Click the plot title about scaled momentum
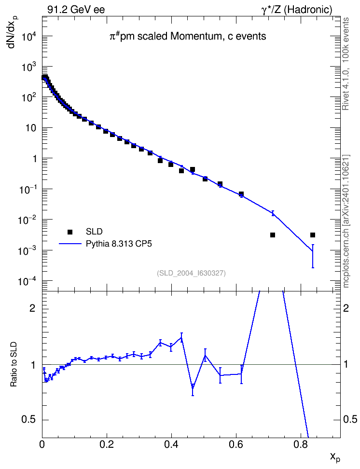tap(187, 36)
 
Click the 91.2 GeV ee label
tap(76, 10)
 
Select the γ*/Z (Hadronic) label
tap(297, 10)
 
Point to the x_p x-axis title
tap(335, 457)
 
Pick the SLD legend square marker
tap(70, 232)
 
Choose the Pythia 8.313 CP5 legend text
tap(119, 244)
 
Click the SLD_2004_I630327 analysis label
tap(191, 273)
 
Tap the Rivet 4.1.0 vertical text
tap(346, 64)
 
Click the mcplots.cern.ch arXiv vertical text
tap(346, 221)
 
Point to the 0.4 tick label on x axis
tap(171, 444)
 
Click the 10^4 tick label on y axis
tap(29, 37)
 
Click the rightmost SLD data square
tap(313, 235)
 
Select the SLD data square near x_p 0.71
tap(273, 235)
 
